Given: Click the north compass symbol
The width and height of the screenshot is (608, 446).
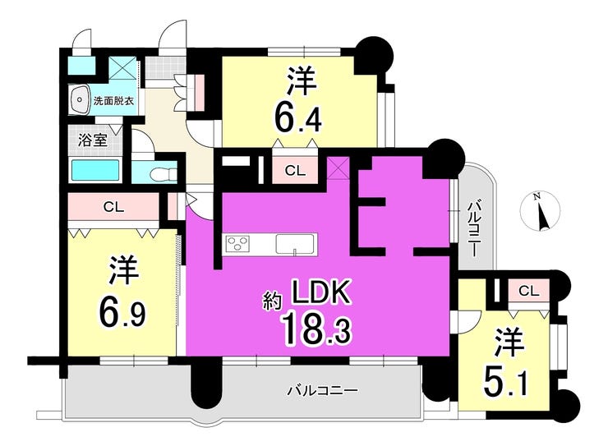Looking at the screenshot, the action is (540, 212).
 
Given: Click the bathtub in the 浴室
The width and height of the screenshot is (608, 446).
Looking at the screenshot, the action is (95, 171).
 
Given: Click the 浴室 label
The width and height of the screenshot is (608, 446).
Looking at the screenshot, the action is (93, 140).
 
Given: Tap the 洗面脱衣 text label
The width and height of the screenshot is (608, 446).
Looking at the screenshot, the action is (113, 102).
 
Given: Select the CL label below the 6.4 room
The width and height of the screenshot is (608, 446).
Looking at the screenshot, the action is (295, 171).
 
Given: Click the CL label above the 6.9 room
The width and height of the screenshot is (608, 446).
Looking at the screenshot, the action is (113, 207).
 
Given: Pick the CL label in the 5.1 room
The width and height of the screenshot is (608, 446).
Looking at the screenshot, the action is (529, 291).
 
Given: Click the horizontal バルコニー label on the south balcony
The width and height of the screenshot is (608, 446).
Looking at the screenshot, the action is (322, 391).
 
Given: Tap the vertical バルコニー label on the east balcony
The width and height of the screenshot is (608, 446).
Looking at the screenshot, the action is (473, 229).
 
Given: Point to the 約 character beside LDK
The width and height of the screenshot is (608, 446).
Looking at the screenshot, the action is (274, 301).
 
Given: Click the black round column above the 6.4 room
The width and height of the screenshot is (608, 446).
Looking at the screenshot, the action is (374, 54).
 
